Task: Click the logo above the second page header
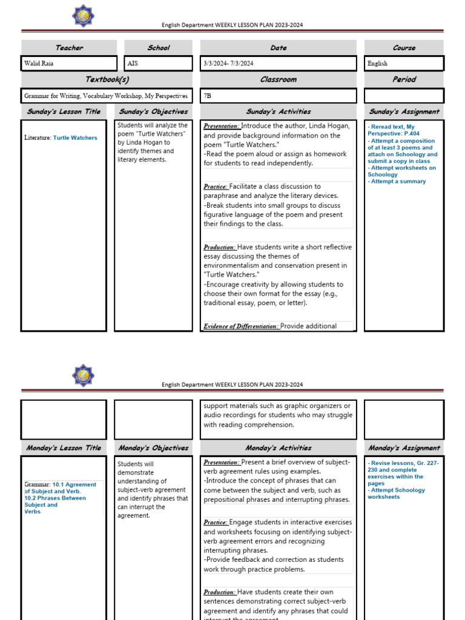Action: point(82,375)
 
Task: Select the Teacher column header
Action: point(69,48)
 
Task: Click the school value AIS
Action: point(134,64)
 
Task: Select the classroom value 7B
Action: point(208,96)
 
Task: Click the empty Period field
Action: point(404,96)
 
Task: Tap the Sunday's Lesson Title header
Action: point(64,111)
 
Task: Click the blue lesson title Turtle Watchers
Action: point(74,138)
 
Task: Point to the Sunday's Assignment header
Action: point(404,111)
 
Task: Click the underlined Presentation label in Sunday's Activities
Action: point(222,126)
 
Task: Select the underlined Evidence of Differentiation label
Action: point(241,326)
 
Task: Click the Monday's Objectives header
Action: point(153,448)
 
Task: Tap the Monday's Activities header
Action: point(279,448)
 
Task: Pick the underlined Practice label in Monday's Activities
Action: point(216,523)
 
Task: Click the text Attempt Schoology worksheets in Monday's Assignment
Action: point(397,493)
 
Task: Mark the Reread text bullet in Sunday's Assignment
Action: point(392,127)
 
